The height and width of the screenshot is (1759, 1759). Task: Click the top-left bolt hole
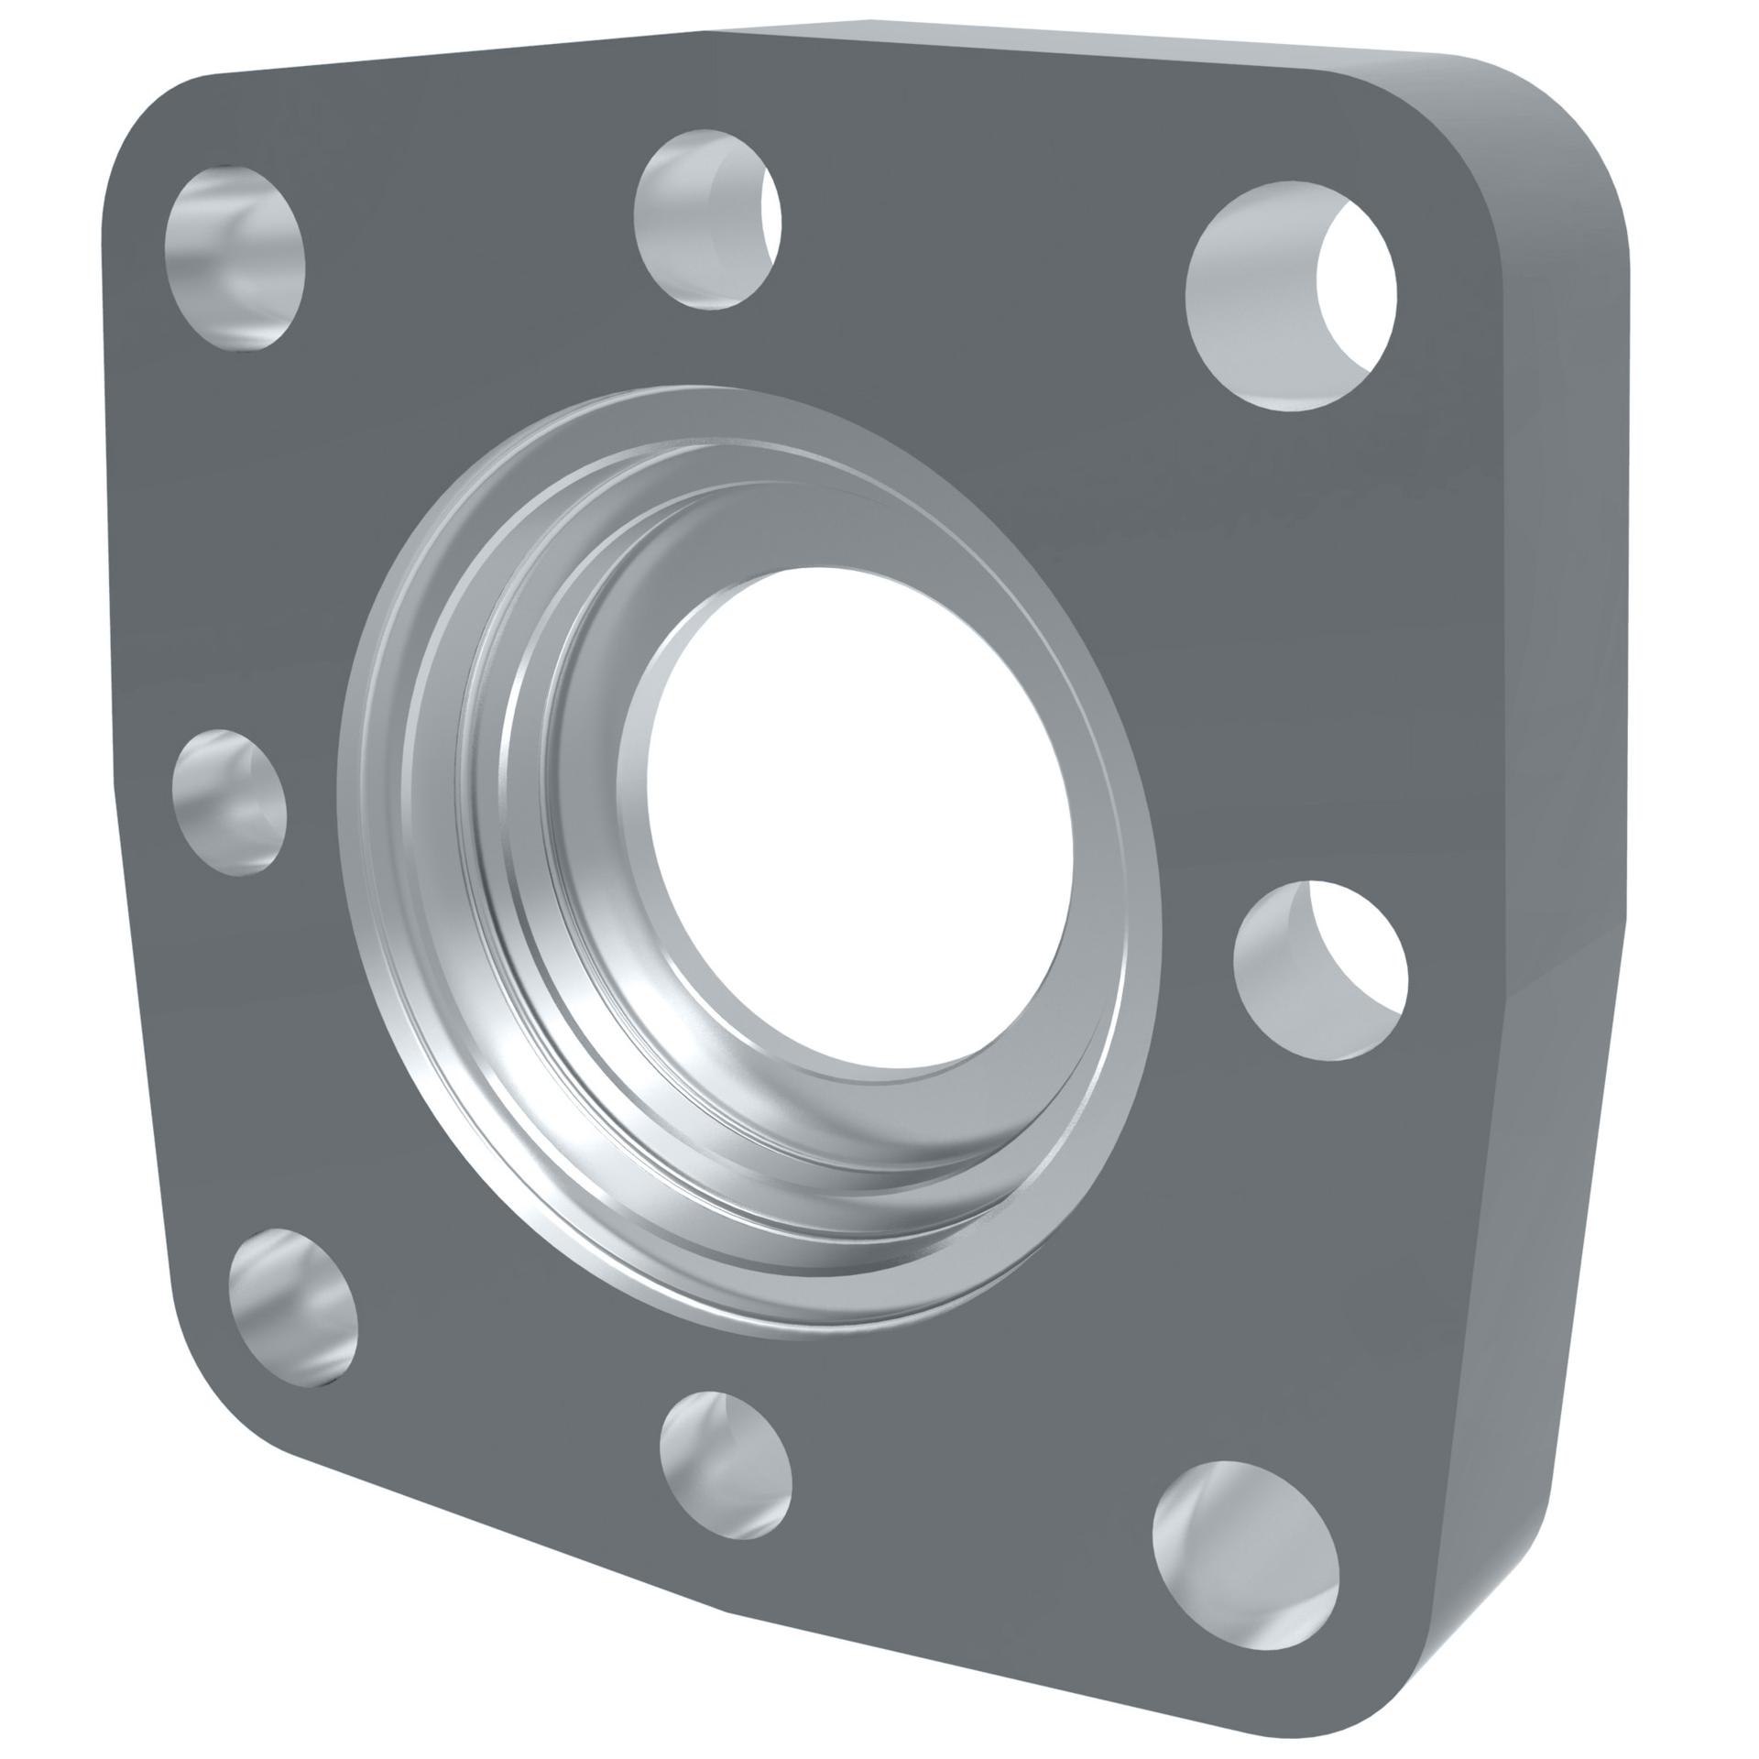click(235, 258)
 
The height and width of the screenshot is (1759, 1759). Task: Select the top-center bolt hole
click(706, 219)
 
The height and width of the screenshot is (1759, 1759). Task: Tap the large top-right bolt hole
click(1290, 295)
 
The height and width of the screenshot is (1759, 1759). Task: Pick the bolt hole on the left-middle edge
click(229, 802)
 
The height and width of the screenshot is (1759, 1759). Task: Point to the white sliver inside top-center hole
click(772, 220)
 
